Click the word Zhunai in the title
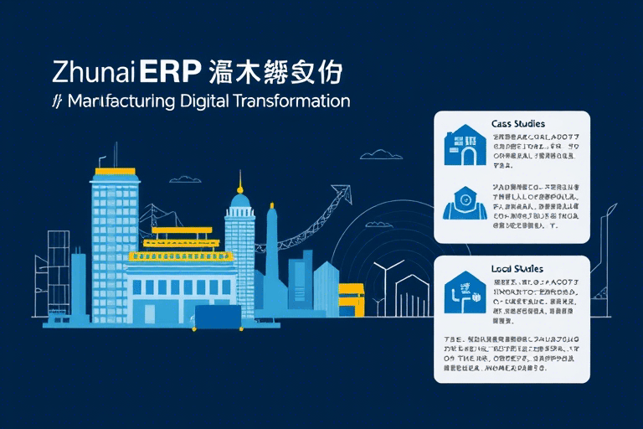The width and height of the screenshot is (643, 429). (x=94, y=72)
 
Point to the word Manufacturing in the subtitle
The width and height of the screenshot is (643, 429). (x=121, y=102)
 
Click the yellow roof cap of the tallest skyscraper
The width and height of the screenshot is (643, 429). (x=116, y=171)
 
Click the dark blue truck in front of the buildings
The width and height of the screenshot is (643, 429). (x=218, y=317)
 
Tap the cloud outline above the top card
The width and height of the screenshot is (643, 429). (x=381, y=154)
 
